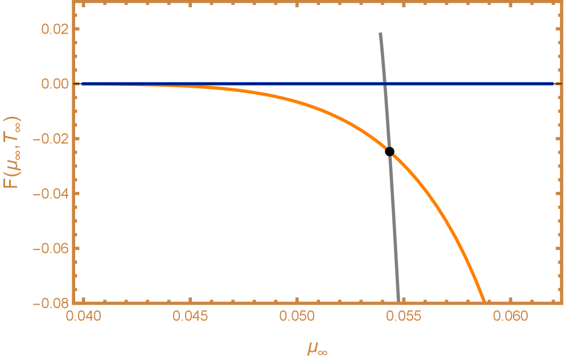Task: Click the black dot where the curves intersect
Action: [x=389, y=151]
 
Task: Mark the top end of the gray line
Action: [x=380, y=33]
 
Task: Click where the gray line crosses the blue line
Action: [x=384, y=84]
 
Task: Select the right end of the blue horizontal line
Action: [x=554, y=84]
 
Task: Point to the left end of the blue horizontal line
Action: [x=83, y=84]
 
